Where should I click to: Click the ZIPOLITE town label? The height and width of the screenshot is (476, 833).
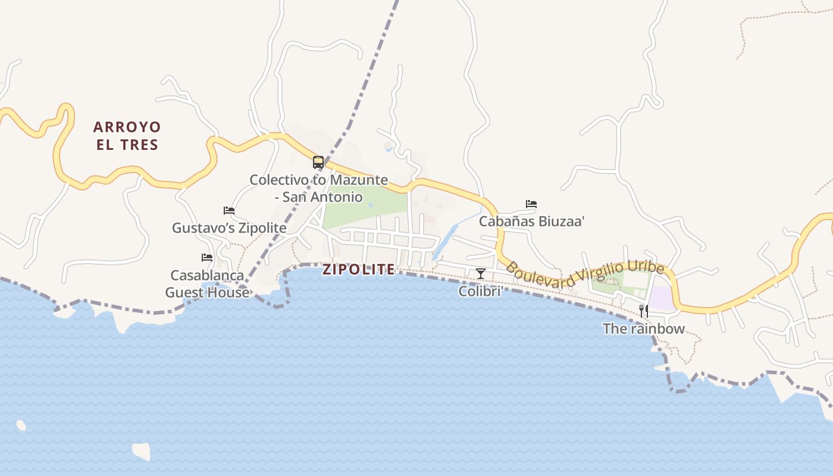tap(358, 270)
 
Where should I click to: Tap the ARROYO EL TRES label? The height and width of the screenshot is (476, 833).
tap(127, 136)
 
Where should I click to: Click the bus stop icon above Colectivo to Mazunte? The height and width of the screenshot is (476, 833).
tap(318, 162)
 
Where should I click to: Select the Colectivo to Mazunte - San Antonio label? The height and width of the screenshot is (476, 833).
tap(319, 188)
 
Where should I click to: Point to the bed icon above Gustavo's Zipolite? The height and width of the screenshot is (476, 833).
tap(229, 211)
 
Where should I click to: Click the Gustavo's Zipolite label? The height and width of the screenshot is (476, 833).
tap(229, 228)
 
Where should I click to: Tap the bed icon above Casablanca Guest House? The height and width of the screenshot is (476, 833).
tap(207, 258)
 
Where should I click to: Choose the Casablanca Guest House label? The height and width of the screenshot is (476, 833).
tap(207, 284)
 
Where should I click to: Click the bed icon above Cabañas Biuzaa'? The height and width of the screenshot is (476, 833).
tap(531, 204)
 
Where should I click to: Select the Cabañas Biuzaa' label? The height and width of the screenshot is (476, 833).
tap(532, 221)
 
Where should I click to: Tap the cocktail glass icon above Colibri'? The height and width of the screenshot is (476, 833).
tap(481, 274)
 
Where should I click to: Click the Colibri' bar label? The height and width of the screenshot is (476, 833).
tap(481, 292)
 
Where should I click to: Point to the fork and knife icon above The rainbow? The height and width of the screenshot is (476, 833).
tap(643, 311)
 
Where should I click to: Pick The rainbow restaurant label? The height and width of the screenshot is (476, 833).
tap(643, 328)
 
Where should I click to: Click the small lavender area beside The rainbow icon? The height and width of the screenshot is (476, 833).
tap(660, 297)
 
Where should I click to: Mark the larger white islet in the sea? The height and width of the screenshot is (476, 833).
tap(141, 451)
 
